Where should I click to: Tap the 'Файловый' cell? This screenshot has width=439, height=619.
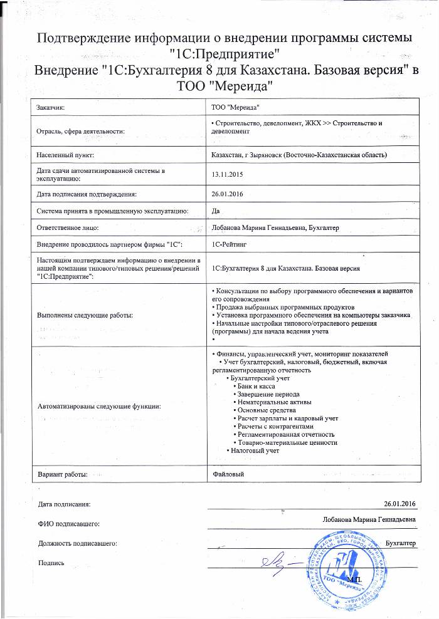pos(228,474)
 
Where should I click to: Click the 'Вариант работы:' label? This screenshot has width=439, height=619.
pos(62,474)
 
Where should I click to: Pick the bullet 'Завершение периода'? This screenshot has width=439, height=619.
pos(262,395)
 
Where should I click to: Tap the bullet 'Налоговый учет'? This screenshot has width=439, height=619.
pos(252,450)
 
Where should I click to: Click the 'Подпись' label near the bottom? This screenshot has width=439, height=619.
pos(51,563)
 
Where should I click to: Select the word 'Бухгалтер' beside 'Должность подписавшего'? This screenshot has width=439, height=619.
pos(401,543)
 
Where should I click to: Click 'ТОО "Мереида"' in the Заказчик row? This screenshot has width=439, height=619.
pos(236,108)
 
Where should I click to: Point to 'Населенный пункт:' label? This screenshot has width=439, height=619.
pos(65,155)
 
